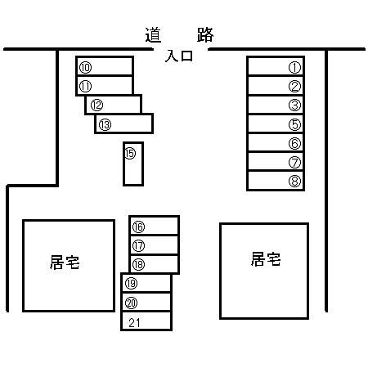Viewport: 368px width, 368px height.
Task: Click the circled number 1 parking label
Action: click(294, 68)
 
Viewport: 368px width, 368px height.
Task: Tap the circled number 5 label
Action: click(294, 124)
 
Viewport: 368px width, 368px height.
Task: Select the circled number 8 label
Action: click(294, 181)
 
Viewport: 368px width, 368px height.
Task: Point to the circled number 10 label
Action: click(85, 68)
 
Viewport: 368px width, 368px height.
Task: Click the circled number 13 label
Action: click(105, 125)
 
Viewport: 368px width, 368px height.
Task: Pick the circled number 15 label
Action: click(130, 153)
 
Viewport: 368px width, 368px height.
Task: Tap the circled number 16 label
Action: click(138, 227)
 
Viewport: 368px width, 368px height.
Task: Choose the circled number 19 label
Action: click(131, 284)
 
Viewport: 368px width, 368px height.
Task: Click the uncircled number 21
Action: click(134, 323)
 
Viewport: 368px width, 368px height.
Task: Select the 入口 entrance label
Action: click(179, 56)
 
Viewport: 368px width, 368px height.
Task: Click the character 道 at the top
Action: click(153, 35)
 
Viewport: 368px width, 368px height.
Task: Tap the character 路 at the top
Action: click(205, 34)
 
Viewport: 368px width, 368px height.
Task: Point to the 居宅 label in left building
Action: click(65, 263)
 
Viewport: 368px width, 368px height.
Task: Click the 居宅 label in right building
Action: click(266, 259)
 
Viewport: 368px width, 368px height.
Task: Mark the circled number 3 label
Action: click(294, 105)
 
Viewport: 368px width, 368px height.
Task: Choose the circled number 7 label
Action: click(294, 163)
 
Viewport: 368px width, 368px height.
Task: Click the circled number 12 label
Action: click(96, 105)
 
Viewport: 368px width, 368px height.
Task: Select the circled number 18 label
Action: click(138, 264)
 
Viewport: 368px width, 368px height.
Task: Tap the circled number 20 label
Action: click(131, 303)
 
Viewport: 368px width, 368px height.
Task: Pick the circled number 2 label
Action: click(294, 87)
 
